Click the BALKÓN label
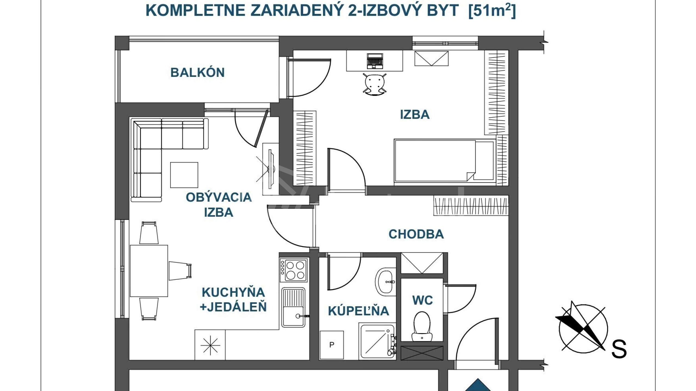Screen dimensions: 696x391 point(197,72)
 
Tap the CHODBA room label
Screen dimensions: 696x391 point(416,234)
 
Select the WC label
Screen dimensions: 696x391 point(422,300)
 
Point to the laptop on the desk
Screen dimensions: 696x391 point(375,61)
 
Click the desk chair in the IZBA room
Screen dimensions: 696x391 point(375,84)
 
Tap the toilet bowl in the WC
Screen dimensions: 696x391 point(422,326)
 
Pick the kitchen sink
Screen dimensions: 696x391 point(293,307)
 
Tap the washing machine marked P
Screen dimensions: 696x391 point(332,345)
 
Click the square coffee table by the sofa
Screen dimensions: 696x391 point(184,175)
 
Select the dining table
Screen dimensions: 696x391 point(149,271)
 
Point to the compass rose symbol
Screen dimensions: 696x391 point(583,329)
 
